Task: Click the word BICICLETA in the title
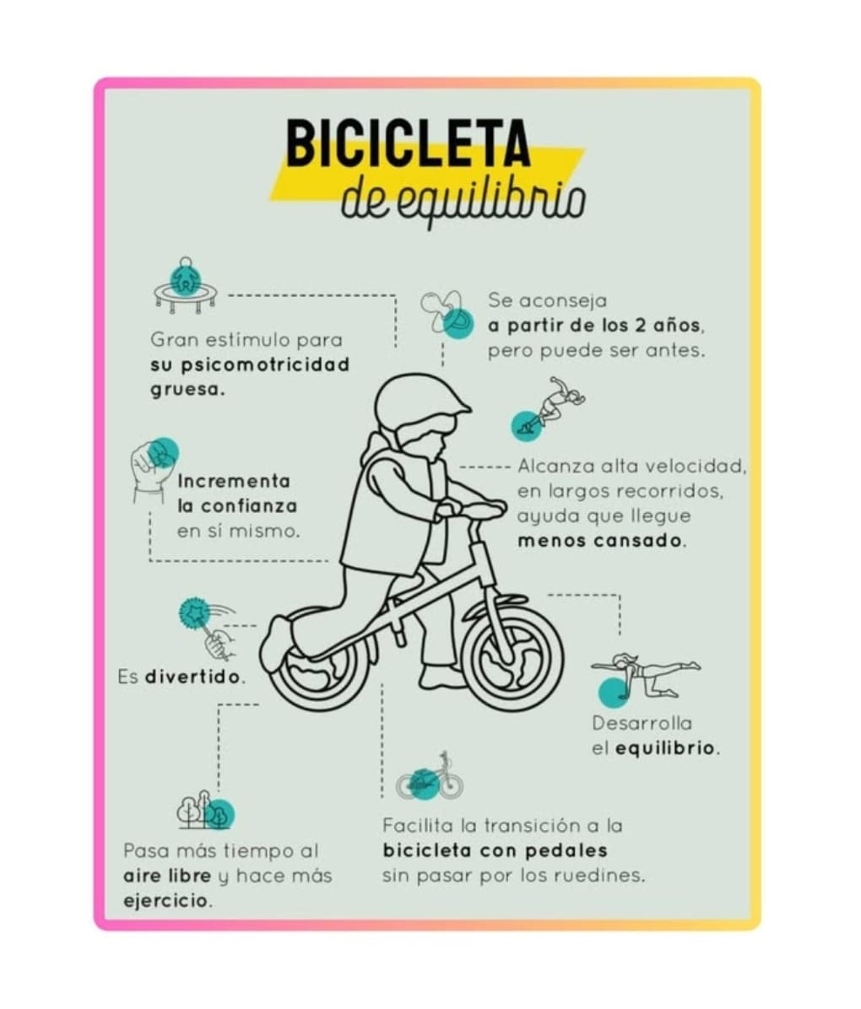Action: click(409, 143)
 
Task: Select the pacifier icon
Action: click(447, 315)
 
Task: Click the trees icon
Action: click(205, 811)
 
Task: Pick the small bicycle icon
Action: click(430, 777)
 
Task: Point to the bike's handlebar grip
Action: click(482, 509)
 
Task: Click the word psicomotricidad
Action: click(265, 365)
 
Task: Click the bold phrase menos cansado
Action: click(602, 541)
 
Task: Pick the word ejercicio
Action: click(167, 901)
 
